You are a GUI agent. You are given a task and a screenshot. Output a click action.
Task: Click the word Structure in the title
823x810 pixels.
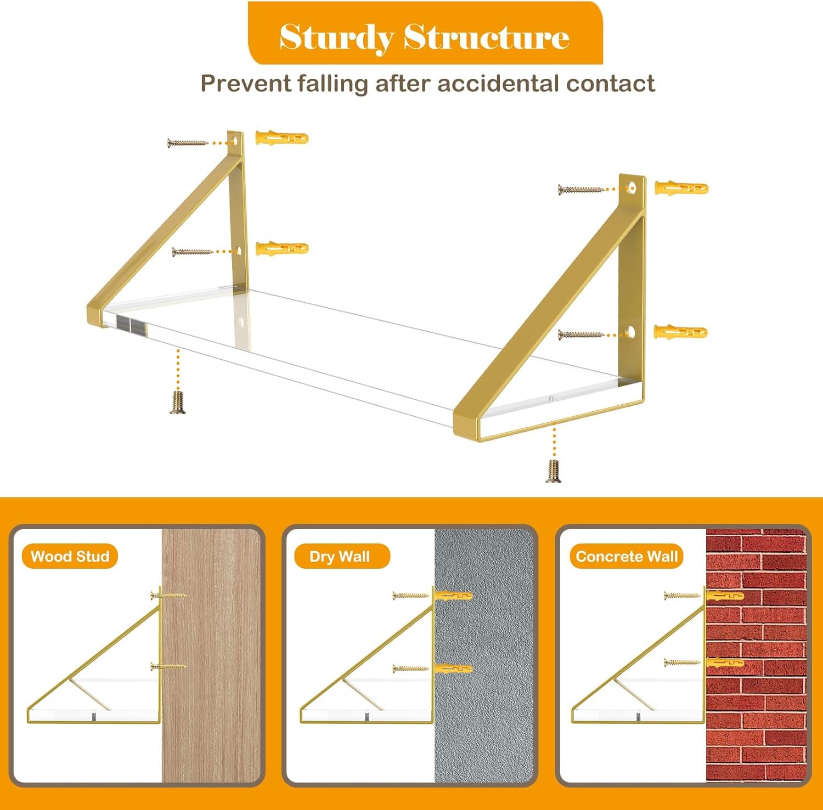click(x=487, y=37)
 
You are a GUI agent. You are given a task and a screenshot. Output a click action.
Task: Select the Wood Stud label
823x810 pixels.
click(x=70, y=557)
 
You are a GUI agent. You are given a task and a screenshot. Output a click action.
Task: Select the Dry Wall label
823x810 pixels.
click(x=340, y=557)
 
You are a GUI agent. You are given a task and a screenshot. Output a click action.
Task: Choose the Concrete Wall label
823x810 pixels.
click(x=627, y=557)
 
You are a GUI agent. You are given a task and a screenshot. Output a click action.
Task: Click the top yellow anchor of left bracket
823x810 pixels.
click(x=282, y=137)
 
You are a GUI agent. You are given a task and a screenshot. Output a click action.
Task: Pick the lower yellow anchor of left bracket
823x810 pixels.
click(x=282, y=248)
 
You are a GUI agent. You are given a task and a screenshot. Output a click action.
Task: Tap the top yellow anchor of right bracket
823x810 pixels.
click(x=681, y=189)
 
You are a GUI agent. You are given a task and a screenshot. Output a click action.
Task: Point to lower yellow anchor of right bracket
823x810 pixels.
click(x=681, y=332)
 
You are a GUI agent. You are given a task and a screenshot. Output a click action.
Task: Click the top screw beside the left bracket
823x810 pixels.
click(x=188, y=143)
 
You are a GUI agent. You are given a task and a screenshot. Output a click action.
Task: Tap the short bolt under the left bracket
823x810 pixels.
click(x=177, y=403)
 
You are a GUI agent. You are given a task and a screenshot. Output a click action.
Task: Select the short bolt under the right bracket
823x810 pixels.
click(x=553, y=471)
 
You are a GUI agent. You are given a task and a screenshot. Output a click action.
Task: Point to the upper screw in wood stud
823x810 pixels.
click(x=168, y=595)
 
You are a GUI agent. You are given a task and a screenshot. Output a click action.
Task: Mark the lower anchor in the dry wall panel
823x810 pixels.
click(x=453, y=669)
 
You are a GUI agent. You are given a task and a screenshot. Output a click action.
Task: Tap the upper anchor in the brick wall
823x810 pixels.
click(x=724, y=596)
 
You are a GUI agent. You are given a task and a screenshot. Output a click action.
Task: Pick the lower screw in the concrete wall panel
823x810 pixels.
click(x=683, y=662)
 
